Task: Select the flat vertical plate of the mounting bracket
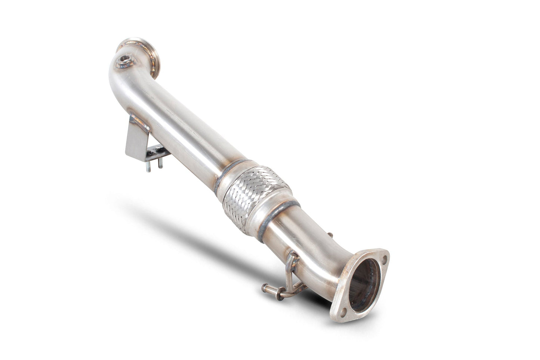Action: click(136, 138)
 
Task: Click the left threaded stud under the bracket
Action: click(148, 165)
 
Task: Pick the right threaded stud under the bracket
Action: click(160, 163)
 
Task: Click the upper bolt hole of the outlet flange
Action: click(383, 254)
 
